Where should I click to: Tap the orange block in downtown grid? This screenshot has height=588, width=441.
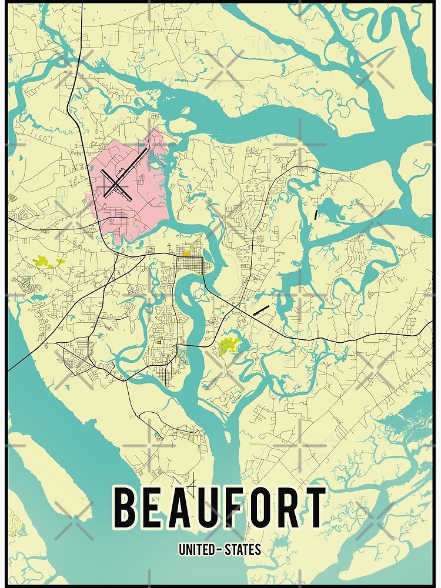(x=186, y=253)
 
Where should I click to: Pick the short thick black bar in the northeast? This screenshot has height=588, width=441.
(x=316, y=215)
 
